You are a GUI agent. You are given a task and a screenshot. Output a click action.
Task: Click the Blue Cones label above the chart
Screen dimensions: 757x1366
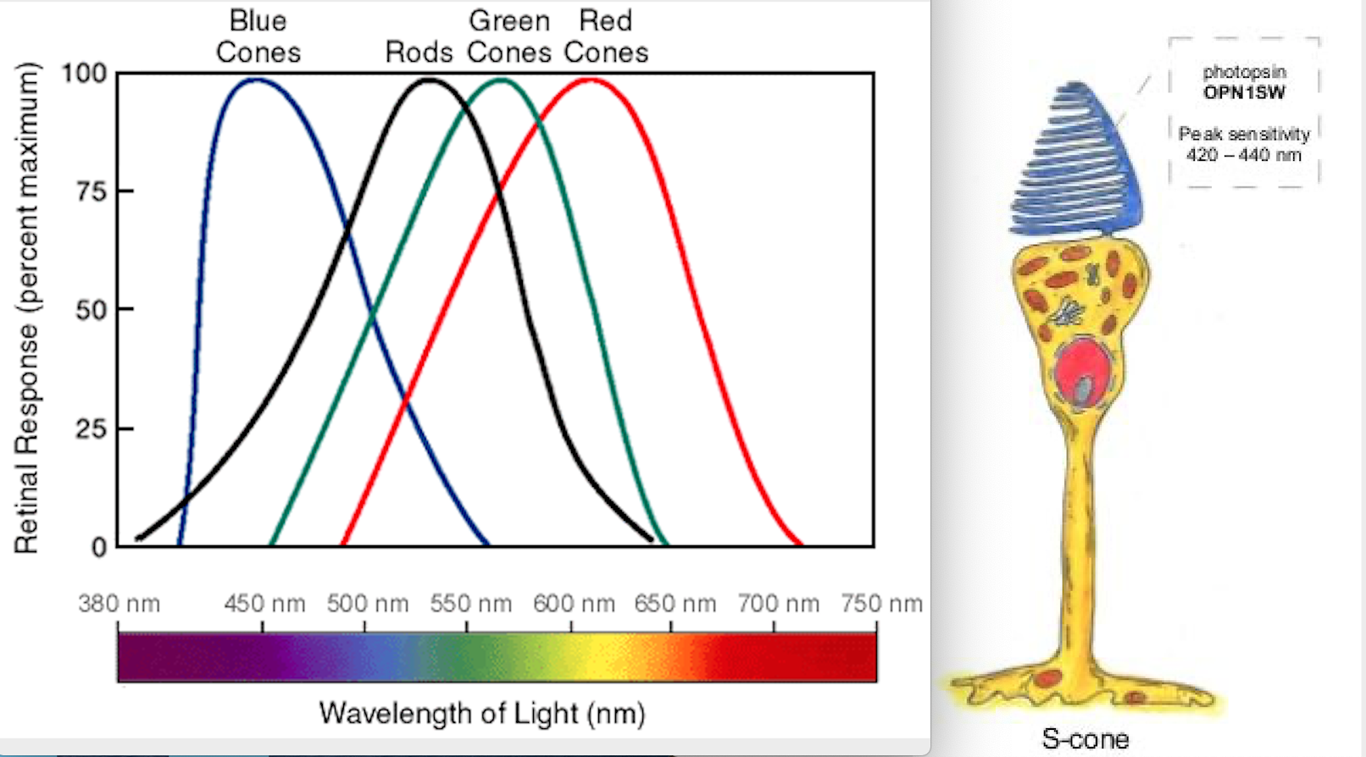tap(258, 36)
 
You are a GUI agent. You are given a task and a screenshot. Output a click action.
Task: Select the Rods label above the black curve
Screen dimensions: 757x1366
tap(419, 52)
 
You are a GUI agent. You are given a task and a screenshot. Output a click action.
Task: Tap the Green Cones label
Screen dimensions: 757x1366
tap(509, 36)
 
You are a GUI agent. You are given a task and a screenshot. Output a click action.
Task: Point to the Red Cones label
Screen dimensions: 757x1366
tap(606, 36)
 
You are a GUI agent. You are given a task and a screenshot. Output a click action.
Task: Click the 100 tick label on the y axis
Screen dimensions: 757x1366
tap(84, 73)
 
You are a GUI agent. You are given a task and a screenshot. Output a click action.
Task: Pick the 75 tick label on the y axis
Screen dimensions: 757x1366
tap(92, 191)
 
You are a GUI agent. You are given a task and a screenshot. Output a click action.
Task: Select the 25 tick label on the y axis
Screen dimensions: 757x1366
tap(92, 428)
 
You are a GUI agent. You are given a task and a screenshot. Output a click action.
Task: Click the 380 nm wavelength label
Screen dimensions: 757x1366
tap(119, 604)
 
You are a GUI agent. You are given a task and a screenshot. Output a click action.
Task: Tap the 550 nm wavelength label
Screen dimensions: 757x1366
tap(470, 604)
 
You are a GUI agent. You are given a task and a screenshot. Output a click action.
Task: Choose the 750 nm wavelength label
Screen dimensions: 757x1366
tap(881, 604)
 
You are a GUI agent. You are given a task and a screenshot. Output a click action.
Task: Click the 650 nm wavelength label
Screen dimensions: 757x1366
tap(675, 604)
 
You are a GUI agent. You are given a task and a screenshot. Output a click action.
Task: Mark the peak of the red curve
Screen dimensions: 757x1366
tap(590, 80)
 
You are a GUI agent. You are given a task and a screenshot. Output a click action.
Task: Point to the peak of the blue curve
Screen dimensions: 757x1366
tap(256, 80)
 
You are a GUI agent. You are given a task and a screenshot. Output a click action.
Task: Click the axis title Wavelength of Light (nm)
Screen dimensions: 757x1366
tap(482, 713)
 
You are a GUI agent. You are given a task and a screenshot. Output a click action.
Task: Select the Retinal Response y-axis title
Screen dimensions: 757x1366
tap(26, 308)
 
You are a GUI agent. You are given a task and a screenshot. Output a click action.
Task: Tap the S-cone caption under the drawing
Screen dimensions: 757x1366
tap(1085, 738)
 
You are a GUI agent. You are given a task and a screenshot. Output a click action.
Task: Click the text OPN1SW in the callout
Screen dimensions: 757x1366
tap(1244, 92)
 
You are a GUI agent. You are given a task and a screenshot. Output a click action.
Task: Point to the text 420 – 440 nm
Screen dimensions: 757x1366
tap(1243, 155)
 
